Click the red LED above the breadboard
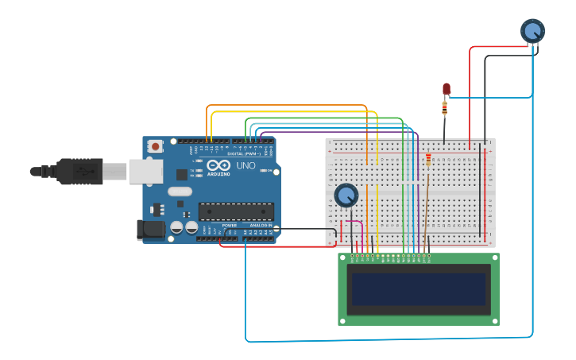pyautogui.click(x=446, y=88)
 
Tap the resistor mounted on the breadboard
pyautogui.click(x=428, y=161)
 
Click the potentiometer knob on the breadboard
pyautogui.click(x=346, y=195)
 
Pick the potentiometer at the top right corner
pyautogui.click(x=532, y=31)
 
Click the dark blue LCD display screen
pyautogui.click(x=419, y=289)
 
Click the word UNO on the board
pyautogui.click(x=246, y=166)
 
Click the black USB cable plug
pyautogui.click(x=79, y=171)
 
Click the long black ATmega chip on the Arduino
pyautogui.click(x=236, y=211)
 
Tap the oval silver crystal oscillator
pyautogui.click(x=180, y=191)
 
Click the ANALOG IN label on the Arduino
pyautogui.click(x=261, y=226)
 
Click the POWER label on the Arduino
pyautogui.click(x=229, y=226)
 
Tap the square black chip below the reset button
pyautogui.click(x=182, y=174)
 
